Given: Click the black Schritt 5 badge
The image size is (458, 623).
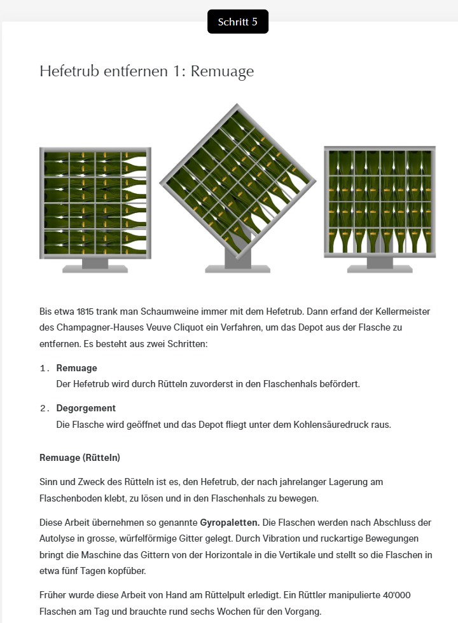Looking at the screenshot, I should (237, 22).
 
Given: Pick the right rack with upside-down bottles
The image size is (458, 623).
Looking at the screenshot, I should (379, 200).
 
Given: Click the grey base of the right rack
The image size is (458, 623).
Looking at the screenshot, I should (379, 266).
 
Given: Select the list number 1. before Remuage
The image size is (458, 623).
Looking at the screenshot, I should (44, 369).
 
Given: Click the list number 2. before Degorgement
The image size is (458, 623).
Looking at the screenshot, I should (44, 409).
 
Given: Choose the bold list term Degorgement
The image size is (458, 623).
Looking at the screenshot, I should (86, 408).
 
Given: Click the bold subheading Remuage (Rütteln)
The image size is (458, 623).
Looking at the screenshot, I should (80, 458).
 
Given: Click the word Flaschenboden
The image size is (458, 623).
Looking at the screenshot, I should (69, 498).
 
